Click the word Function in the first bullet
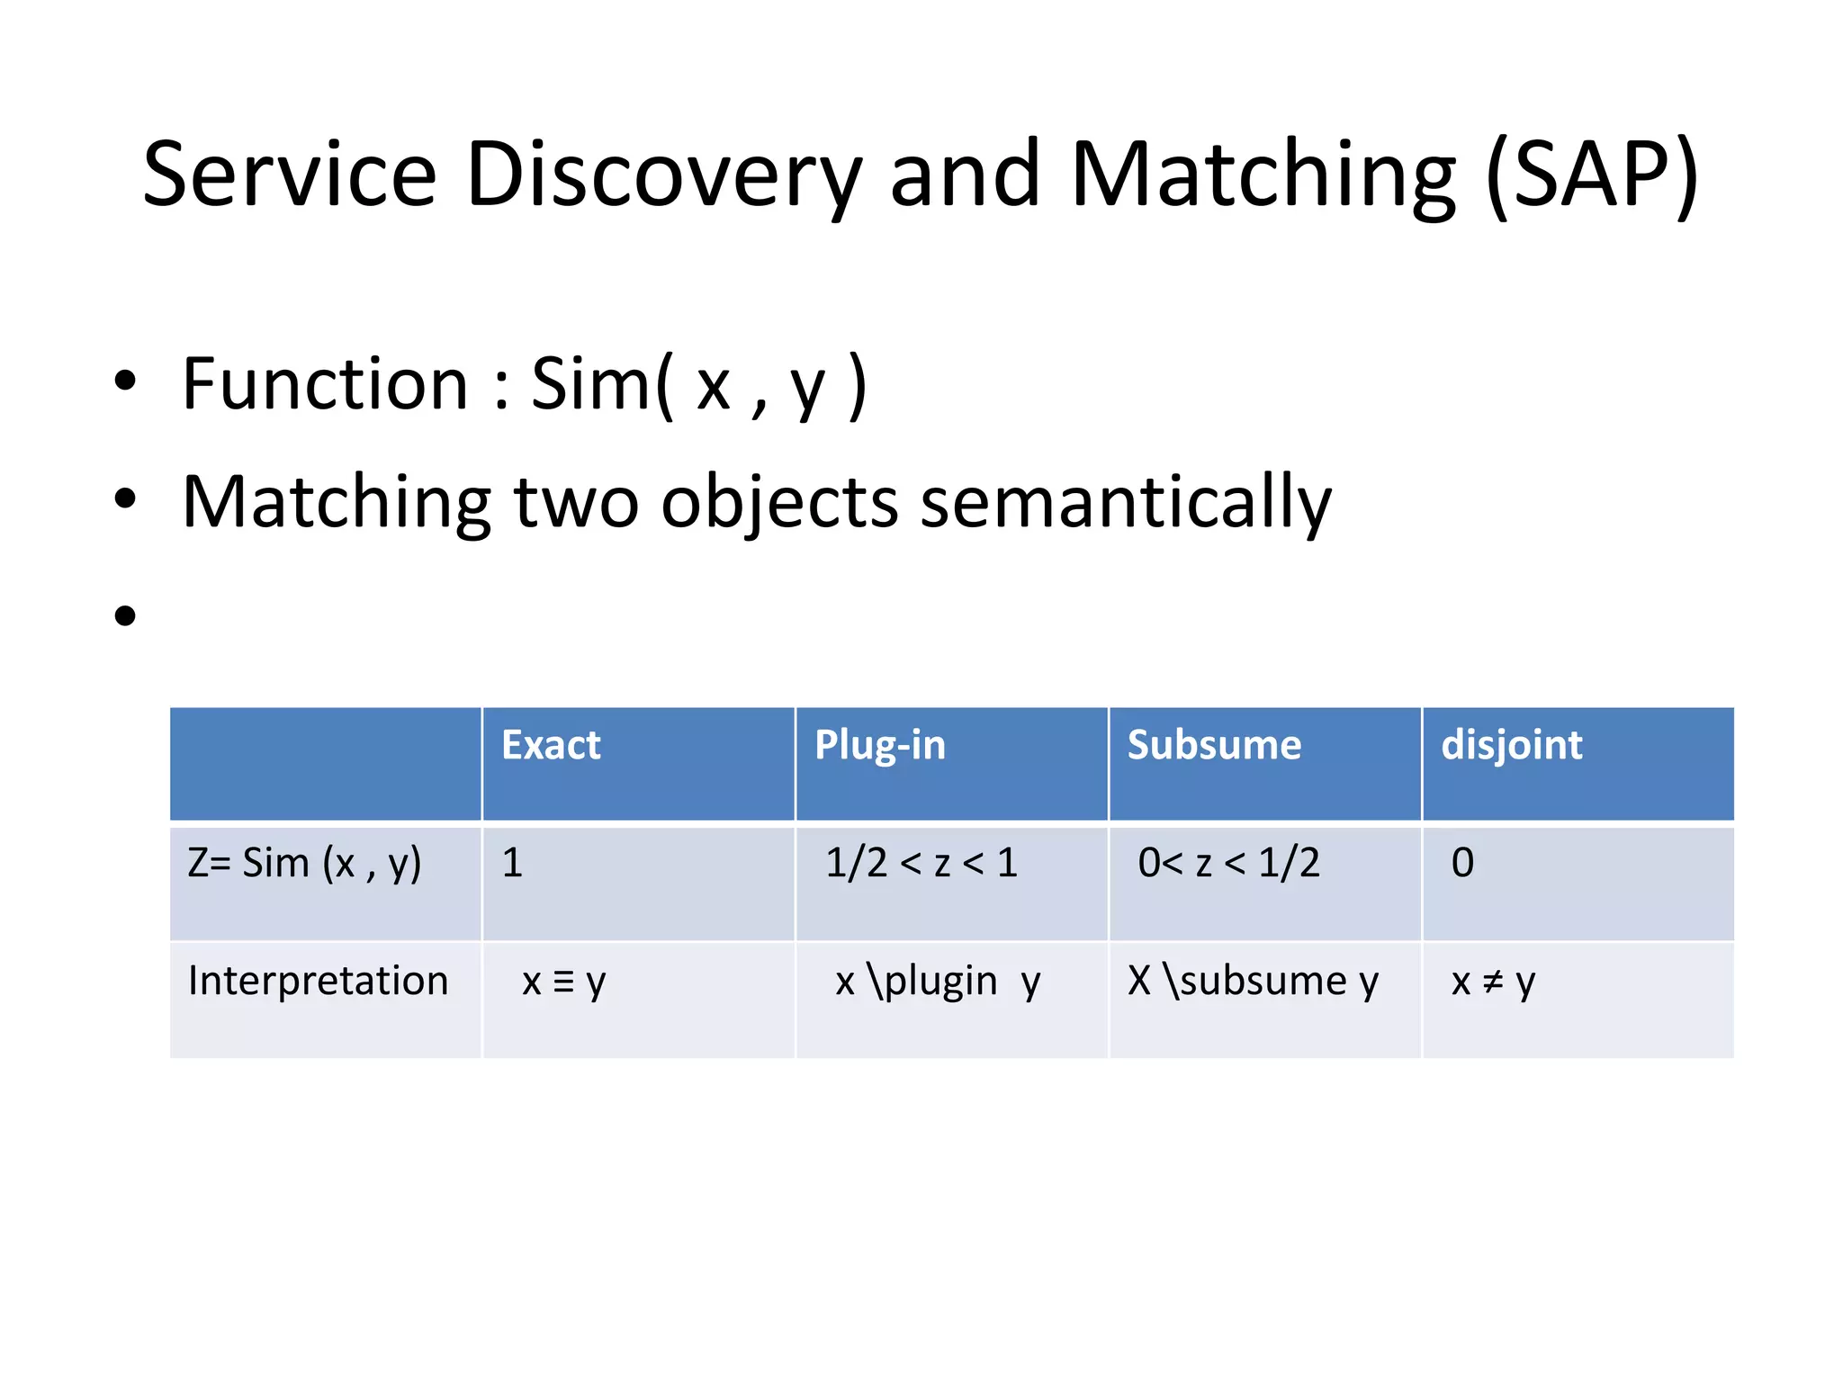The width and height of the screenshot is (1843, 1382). (x=325, y=384)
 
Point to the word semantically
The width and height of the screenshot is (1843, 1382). (x=1125, y=502)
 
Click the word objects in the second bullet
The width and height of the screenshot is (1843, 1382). (x=779, y=502)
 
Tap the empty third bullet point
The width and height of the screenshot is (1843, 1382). (x=125, y=616)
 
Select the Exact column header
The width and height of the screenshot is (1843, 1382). (x=551, y=745)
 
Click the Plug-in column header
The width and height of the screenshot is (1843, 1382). (x=879, y=745)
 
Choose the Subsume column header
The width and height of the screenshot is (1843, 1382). (x=1214, y=745)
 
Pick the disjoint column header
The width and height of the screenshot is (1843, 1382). (x=1511, y=745)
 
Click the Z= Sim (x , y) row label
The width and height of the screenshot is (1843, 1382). (x=304, y=863)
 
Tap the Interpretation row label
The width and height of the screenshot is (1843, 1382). (x=318, y=981)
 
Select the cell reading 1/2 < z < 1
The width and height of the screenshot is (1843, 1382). (x=921, y=863)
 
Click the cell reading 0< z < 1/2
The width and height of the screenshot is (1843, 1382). (x=1228, y=863)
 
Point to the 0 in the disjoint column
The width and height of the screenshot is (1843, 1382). (x=1462, y=863)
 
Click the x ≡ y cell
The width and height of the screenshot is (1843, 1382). (x=564, y=981)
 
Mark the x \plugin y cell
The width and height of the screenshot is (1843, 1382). (x=938, y=981)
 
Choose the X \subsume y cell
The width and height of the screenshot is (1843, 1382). (x=1253, y=981)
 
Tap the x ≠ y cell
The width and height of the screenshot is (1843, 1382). (x=1493, y=981)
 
